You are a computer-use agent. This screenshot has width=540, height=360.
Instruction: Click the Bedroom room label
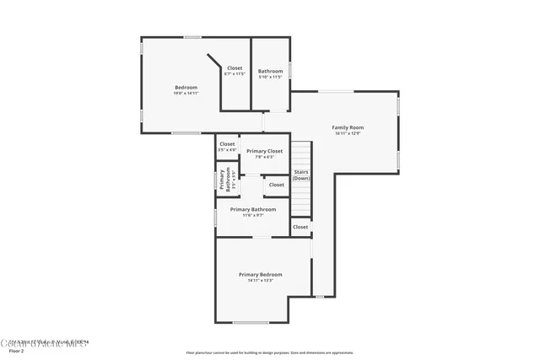pos(186,88)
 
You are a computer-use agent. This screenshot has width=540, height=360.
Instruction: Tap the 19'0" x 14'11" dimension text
pos(186,94)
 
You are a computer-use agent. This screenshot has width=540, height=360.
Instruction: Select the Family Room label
pos(347,127)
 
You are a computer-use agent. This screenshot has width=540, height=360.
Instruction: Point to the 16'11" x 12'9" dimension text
pos(347,133)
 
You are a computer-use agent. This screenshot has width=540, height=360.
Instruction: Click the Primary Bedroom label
pos(260,274)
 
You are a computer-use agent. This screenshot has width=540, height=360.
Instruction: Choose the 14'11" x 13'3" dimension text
pos(260,280)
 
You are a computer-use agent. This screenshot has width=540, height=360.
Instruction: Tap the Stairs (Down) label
pos(301,175)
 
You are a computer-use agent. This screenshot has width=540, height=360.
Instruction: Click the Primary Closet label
pos(264,151)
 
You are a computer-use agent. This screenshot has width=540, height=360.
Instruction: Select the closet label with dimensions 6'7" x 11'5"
pos(234,68)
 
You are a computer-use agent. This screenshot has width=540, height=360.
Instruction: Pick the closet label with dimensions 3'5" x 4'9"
pos(227,144)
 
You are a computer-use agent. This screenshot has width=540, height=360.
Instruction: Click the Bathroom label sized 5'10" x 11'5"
pos(270,71)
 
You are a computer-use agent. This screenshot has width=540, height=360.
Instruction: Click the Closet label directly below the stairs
pos(300,227)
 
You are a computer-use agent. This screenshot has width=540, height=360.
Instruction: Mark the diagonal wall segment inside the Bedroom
pos(214,64)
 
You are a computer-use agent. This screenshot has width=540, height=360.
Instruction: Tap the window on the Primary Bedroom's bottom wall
pos(251,323)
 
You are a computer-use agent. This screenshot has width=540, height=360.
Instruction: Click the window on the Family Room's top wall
pos(335,91)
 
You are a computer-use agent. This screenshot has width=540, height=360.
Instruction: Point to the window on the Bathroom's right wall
pos(290,70)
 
